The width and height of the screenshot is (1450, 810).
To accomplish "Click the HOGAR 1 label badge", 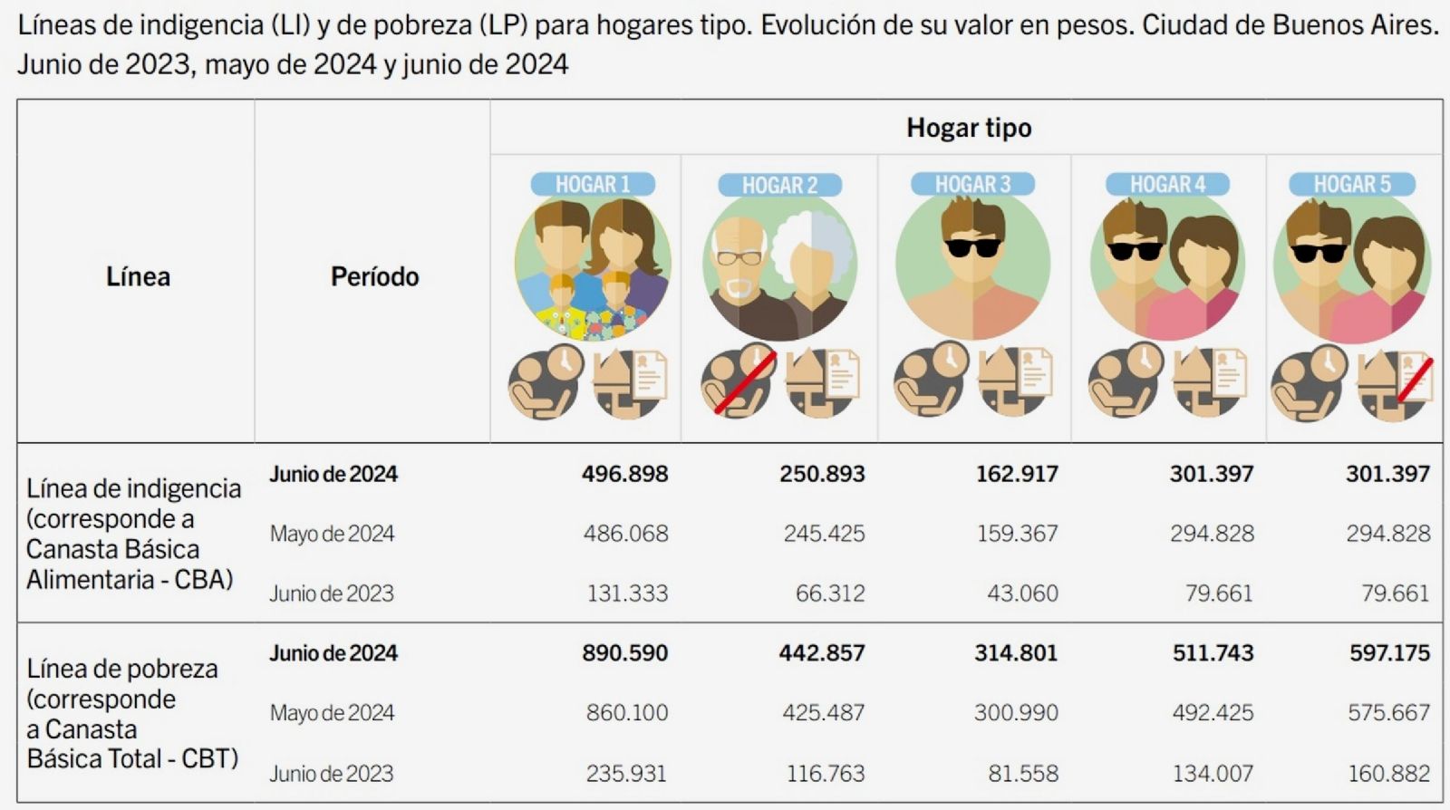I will point(592,185).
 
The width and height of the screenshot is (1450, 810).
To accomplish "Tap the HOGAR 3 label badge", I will point(971,185).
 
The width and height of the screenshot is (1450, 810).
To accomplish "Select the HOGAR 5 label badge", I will point(1351,185).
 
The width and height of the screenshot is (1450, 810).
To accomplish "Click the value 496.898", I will point(624,474).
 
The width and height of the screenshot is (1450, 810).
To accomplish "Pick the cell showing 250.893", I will point(822,474).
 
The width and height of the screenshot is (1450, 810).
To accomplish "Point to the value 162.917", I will point(1016,474).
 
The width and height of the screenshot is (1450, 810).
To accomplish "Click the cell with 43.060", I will point(1021,593).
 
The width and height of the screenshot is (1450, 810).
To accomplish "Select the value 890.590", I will point(624,653).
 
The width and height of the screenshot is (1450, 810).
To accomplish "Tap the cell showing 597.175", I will point(1388,653).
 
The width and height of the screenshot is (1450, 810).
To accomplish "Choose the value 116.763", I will point(826,774).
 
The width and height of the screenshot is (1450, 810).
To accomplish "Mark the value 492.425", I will point(1213,713).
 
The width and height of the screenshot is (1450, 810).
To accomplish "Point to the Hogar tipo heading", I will point(968,128).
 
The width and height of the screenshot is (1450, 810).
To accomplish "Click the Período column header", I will point(374,276).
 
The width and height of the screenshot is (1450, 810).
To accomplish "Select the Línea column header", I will point(138,276).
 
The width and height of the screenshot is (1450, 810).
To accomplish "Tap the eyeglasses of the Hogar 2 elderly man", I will point(739,258).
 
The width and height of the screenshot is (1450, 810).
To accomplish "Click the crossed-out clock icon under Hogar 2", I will point(738,381).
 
